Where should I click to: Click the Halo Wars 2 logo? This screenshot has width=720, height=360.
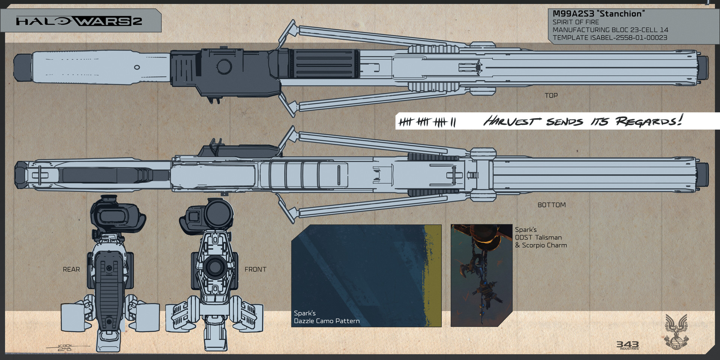coord(79,21)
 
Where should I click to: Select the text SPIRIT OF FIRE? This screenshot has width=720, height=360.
coord(576,22)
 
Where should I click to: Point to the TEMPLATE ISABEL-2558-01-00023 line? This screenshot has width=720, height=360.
coord(610,37)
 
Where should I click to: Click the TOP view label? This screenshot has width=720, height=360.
coord(551,96)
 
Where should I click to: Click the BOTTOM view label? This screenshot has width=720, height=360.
coord(551,205)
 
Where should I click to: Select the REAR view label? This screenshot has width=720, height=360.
coord(71,269)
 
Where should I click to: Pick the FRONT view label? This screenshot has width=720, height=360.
coord(255,269)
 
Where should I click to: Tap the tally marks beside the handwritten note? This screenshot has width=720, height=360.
coord(427,122)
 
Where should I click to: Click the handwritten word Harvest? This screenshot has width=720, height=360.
coord(511,121)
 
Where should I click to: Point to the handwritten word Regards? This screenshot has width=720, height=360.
coord(648,121)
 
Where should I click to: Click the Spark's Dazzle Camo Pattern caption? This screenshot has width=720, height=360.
coord(326,317)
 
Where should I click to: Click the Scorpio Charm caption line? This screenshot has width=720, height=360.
coord(540,245)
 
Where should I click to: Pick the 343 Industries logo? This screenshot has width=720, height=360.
coord(628,345)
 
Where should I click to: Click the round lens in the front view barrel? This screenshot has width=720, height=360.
coord(214,267)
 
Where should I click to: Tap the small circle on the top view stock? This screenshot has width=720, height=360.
coord(137,67)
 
